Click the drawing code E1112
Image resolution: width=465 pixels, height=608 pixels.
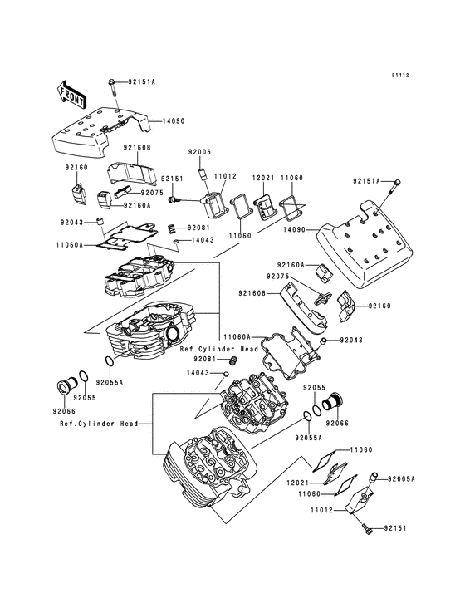click(x=401, y=75)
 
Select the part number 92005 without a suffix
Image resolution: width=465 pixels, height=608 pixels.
click(x=200, y=152)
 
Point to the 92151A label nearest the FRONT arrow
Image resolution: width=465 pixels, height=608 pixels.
click(x=141, y=82)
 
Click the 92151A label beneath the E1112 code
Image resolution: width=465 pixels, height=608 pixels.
click(x=366, y=180)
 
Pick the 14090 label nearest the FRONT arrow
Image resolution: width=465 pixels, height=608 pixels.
click(x=161, y=121)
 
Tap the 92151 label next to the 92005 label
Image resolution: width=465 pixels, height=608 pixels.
click(x=172, y=179)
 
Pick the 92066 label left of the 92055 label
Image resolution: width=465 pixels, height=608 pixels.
click(x=64, y=411)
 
